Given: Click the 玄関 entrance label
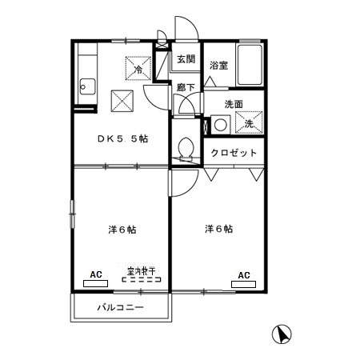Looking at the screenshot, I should [186, 58].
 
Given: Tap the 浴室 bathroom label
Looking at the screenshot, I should [218, 66].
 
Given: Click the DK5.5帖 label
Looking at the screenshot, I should [122, 138].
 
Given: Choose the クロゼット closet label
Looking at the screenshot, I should [234, 153].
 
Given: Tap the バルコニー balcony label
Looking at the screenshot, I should [120, 307].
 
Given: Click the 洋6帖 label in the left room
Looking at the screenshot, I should [122, 230].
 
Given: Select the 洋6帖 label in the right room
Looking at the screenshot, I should [218, 229].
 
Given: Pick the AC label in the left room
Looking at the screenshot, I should [96, 274].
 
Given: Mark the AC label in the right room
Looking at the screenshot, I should [244, 274].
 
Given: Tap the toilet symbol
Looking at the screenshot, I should [186, 150].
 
